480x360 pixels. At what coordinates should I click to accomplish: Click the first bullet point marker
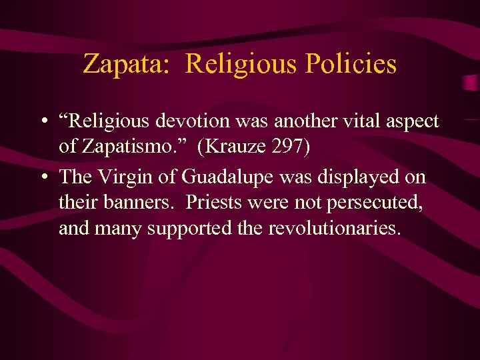(43, 121)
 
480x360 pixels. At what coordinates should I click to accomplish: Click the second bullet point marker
(43, 177)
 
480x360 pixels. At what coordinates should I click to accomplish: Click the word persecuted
(376, 202)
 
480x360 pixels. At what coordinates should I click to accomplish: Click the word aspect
(413, 122)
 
